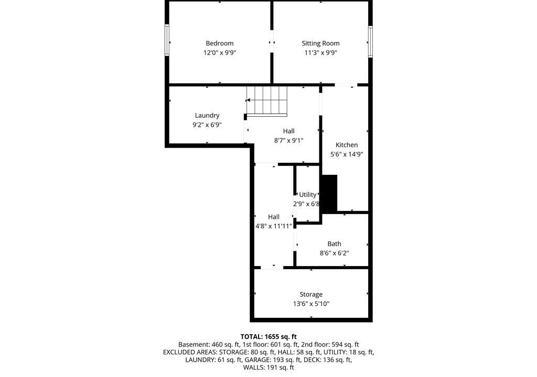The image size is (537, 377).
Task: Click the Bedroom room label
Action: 220,43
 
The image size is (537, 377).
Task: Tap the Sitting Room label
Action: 320,43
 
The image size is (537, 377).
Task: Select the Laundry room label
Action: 207,116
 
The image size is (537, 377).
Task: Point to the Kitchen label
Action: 347,145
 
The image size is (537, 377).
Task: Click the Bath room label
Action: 334,243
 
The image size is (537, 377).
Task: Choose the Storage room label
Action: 311,295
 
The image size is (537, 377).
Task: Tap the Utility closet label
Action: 307,195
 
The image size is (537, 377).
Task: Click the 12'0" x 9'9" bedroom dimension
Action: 220,53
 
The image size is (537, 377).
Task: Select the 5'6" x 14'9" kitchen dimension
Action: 347,154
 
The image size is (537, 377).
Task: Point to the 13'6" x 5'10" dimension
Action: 311,304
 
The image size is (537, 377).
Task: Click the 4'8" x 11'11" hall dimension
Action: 274,226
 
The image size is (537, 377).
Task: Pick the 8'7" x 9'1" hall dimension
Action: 289,140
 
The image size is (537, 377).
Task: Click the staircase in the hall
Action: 267,101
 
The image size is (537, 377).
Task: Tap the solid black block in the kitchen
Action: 330,194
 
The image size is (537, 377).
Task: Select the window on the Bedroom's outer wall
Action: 167,40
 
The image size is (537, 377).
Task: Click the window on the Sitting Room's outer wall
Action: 370,42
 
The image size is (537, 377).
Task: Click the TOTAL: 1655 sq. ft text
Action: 268,337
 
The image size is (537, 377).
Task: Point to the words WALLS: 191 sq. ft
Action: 268,368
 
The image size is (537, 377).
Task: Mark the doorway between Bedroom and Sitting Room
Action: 272,42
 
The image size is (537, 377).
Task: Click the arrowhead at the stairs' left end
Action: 248,100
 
